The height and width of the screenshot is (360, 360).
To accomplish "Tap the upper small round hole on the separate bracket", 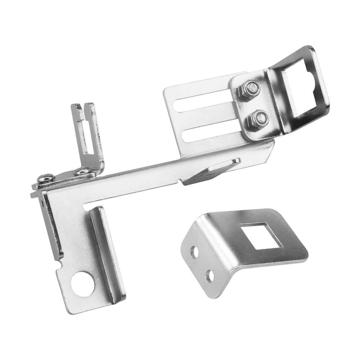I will click(194, 252).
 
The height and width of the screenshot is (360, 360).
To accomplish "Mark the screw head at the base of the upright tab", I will click(82, 171).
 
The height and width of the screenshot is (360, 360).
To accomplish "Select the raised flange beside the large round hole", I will click(108, 252).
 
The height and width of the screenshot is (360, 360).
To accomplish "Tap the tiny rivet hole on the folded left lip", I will click(42, 204).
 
